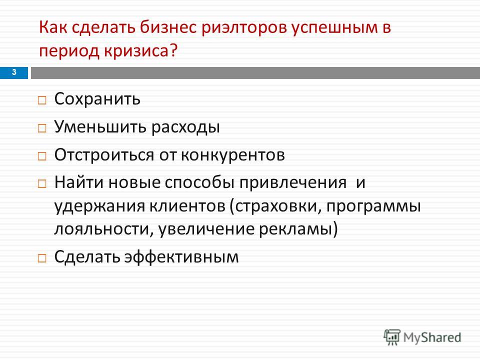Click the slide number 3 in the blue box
pyautogui.click(x=14, y=72)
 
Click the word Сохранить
pyautogui.click(x=97, y=99)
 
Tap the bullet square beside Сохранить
pyautogui.click(x=42, y=100)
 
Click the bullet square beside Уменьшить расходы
pyautogui.click(x=42, y=128)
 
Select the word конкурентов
pyautogui.click(x=233, y=155)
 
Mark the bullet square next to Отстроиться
pyautogui.click(x=42, y=156)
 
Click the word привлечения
pyautogui.click(x=293, y=183)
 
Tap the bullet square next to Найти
pyautogui.click(x=42, y=184)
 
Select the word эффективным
pyautogui.click(x=181, y=257)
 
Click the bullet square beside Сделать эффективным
pyautogui.click(x=42, y=258)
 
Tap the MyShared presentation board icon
pyautogui.click(x=392, y=337)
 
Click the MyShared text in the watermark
pyautogui.click(x=432, y=337)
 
